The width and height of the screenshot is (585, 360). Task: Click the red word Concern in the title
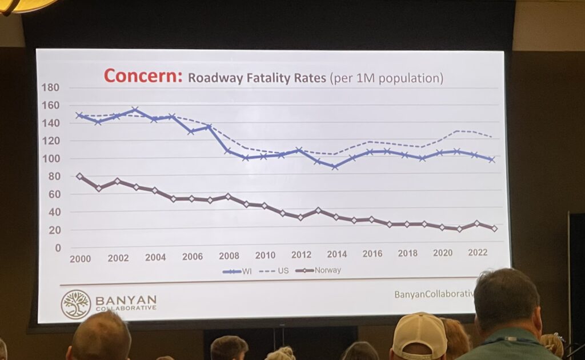coord(142,76)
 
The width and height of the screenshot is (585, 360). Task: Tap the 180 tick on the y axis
coord(51,87)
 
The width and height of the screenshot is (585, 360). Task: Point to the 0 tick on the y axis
coord(57,247)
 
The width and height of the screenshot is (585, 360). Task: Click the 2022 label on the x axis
coord(477,252)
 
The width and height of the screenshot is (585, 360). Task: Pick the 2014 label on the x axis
coord(337,254)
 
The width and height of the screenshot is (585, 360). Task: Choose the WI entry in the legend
coord(241,271)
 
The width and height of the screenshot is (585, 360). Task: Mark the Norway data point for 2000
coord(79,177)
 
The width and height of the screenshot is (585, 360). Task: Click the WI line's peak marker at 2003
coord(135,110)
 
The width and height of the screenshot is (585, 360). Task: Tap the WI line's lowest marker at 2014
coord(335,167)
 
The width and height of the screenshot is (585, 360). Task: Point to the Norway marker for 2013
coord(318,210)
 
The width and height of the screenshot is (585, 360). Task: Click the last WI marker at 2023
coord(491,159)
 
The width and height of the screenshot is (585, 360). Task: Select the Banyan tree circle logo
coord(76,303)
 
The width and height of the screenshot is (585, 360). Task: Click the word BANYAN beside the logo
coord(126,299)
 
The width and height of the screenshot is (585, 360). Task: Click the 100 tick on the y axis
coord(51,158)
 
